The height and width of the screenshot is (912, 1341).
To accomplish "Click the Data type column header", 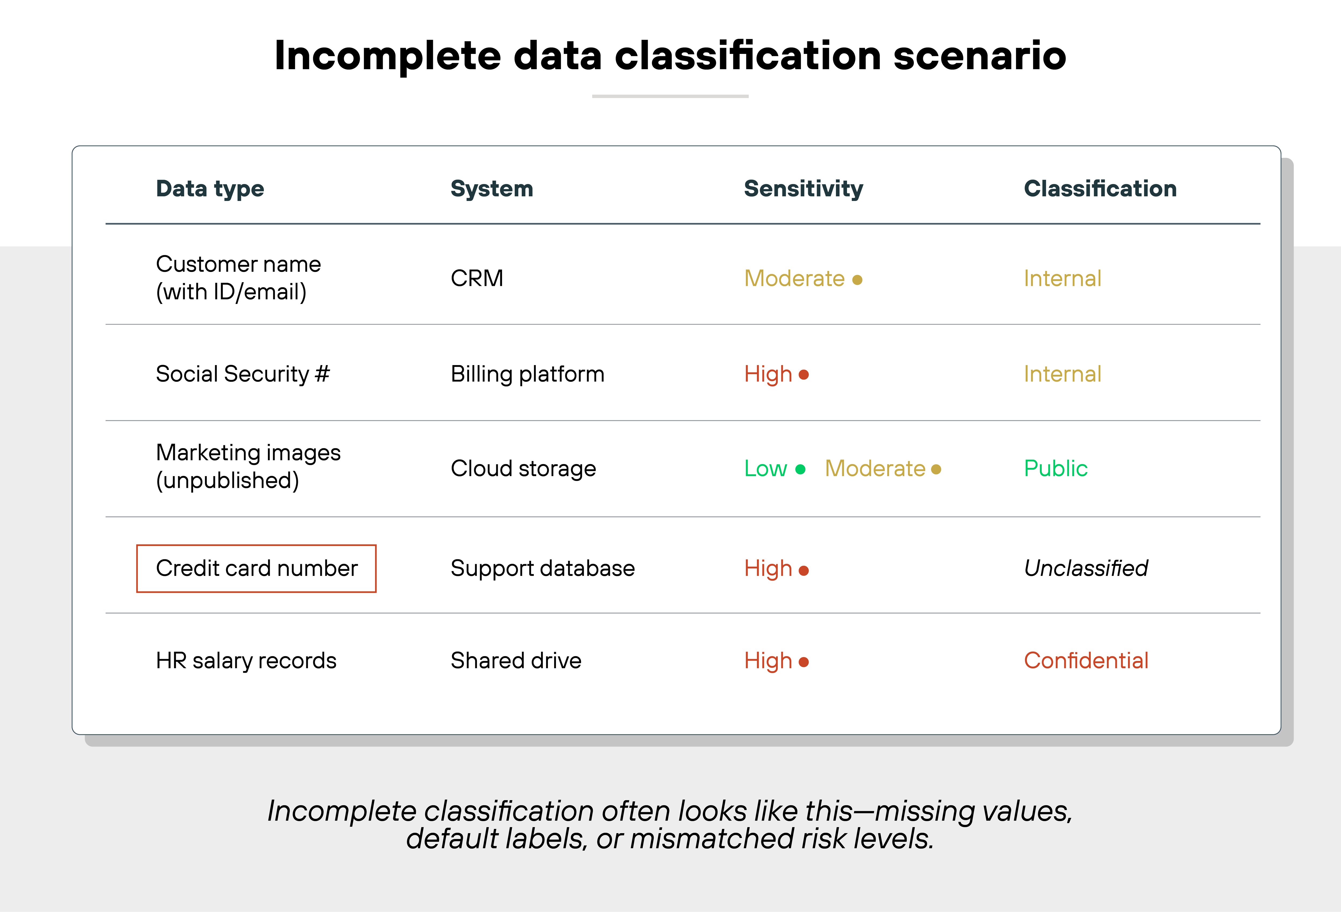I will click(210, 189).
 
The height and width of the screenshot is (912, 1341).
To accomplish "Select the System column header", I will click(492, 189).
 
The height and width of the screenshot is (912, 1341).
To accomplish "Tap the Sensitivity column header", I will click(803, 189).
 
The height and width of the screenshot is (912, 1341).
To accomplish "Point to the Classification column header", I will click(1100, 189).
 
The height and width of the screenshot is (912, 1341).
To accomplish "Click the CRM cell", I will click(477, 278).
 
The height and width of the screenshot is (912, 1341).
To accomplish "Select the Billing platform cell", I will click(527, 374).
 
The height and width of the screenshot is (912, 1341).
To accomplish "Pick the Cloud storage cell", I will click(523, 468).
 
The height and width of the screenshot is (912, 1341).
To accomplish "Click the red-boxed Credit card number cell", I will click(256, 569).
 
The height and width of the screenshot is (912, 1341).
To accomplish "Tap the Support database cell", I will click(542, 569).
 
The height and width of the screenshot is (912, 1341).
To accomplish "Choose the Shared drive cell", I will click(516, 660).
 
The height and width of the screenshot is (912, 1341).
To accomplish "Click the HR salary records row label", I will click(246, 660).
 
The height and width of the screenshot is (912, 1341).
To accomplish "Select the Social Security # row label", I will click(242, 374).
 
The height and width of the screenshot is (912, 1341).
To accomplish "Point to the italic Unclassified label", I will click(1085, 569).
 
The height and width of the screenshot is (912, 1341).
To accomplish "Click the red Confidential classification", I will click(1085, 660).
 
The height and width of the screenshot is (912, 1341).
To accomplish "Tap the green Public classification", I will click(1055, 468).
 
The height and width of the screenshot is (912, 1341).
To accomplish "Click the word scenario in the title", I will click(979, 56).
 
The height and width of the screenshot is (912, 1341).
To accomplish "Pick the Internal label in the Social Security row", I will click(1062, 374).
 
